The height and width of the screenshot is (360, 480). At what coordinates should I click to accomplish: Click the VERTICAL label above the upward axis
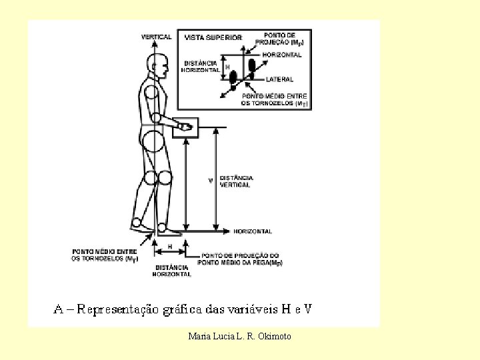coord(156,37)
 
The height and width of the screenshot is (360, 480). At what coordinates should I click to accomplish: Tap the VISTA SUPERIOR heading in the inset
coord(213,38)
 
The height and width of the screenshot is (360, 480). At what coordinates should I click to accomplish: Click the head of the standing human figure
coord(159,66)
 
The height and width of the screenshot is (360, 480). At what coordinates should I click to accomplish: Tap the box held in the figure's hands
coord(185,128)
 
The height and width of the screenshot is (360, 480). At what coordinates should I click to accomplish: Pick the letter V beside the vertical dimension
coord(211,181)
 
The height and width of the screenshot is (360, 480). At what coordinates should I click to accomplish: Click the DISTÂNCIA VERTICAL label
coord(236,181)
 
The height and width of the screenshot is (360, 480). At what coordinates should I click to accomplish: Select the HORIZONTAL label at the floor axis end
coord(252,231)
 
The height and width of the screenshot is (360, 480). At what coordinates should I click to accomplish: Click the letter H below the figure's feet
coord(170,246)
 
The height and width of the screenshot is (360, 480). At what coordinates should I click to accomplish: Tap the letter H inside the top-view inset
coord(227,67)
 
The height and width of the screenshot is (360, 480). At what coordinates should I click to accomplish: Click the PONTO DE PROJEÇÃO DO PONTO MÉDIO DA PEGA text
coord(241,259)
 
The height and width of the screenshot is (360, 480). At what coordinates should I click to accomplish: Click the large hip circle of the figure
coord(154,141)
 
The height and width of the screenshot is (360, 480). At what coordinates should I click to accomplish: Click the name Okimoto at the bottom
coord(274,336)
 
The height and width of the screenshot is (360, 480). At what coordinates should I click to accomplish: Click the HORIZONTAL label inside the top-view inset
coord(282,55)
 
